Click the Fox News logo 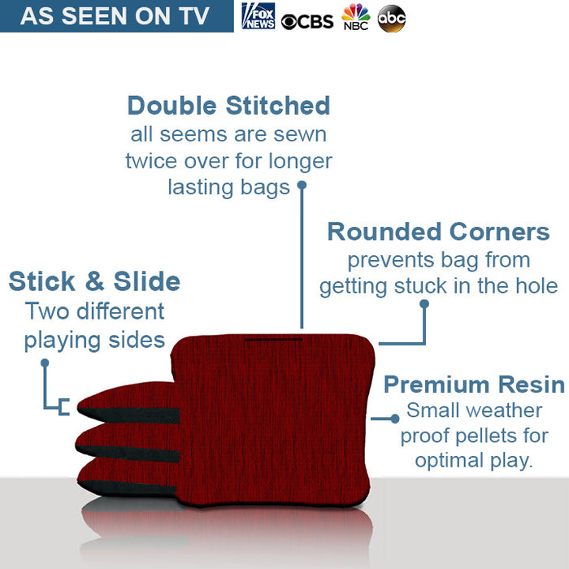pos(258,16)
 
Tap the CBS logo pos(307,20)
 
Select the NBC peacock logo pos(355,17)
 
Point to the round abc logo pos(391,18)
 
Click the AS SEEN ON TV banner pos(115,16)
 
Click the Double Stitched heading pos(228,106)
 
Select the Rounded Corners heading pos(438,232)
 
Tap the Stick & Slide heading pos(94,281)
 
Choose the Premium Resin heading pos(474,384)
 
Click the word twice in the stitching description pos(153,161)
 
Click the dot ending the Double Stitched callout pos(302,185)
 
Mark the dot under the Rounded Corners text pos(423,304)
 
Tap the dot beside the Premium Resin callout pos(395,418)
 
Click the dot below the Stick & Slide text pos(45,363)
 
